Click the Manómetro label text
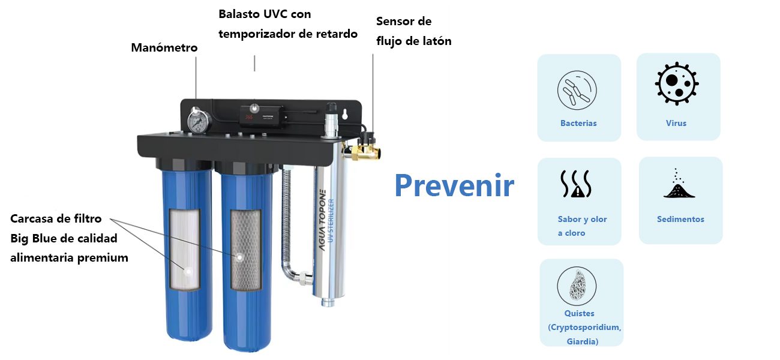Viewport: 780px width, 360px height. coord(164,47)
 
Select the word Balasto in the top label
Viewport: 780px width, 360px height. coord(239,14)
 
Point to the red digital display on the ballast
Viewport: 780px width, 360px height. coord(248,116)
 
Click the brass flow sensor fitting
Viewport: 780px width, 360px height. coord(362,148)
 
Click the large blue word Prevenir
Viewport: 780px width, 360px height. coord(454,185)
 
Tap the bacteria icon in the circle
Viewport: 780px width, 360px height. coord(577,90)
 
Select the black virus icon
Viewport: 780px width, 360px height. coord(677,83)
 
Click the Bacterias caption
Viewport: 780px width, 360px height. coord(578,123)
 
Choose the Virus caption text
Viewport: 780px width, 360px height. coord(676,123)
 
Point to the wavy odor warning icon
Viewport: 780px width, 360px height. coord(576,184)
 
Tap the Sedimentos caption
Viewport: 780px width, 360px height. coord(680,220)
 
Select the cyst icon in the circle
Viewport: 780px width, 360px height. coord(577,286)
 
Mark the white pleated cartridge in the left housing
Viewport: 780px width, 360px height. coord(185,249)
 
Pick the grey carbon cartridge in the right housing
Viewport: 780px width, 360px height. coord(246,250)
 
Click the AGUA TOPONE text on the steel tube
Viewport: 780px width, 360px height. coord(323,220)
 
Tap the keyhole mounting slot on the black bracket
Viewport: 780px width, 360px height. coord(345,114)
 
